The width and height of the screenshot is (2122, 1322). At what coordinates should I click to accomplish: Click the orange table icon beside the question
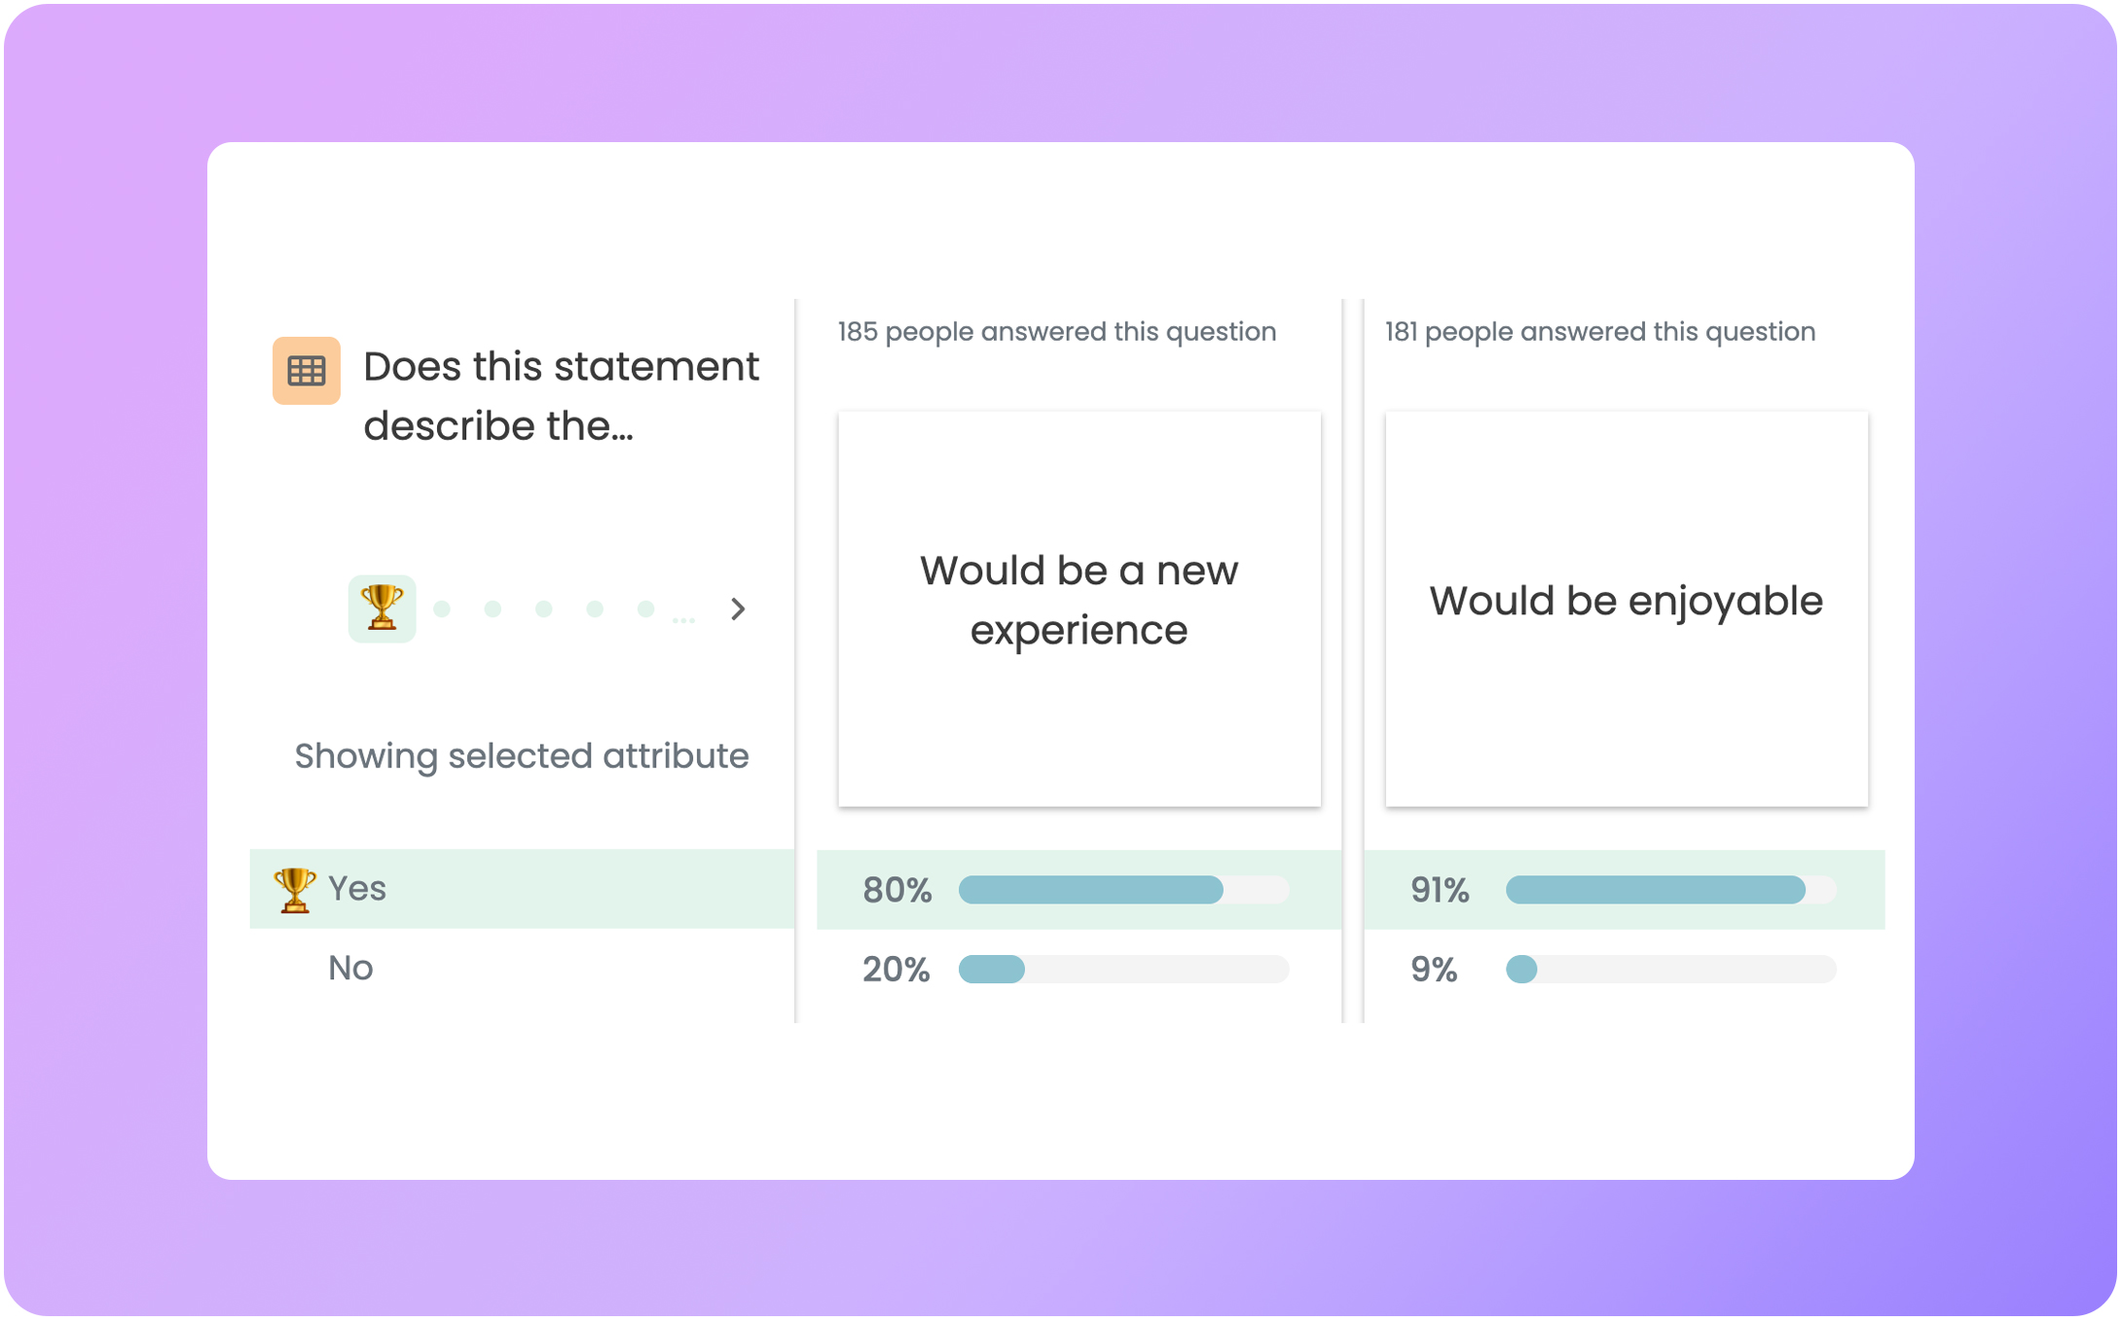(x=307, y=371)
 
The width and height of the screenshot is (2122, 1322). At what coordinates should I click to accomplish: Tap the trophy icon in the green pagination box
(x=382, y=608)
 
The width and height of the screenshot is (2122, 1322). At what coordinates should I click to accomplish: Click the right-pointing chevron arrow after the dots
(x=738, y=609)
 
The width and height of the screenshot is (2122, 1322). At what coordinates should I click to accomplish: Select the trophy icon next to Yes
(x=294, y=889)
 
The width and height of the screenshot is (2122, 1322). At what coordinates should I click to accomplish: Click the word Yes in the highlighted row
(x=357, y=889)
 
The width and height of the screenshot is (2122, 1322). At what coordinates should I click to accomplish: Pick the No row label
(x=350, y=969)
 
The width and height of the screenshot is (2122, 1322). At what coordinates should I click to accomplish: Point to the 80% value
(x=896, y=890)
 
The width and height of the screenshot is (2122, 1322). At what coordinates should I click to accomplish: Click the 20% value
(x=896, y=970)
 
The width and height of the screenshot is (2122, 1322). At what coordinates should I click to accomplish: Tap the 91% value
(x=1439, y=890)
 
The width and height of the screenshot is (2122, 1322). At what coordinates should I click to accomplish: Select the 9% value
(x=1434, y=970)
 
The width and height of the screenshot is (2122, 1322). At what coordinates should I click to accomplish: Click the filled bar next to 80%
(x=1090, y=890)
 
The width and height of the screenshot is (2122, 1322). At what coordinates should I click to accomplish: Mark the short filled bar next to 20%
(x=992, y=970)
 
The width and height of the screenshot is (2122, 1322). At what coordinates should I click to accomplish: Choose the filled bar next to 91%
(x=1655, y=890)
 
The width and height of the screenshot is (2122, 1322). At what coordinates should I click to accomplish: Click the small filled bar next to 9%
(x=1521, y=970)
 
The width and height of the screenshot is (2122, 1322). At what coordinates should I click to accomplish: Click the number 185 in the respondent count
(x=858, y=332)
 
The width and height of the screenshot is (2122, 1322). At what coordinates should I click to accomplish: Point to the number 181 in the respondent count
(x=1401, y=332)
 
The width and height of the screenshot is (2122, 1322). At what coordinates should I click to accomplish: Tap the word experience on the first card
(x=1079, y=631)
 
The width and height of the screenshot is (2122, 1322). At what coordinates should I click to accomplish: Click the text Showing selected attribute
(x=522, y=756)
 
